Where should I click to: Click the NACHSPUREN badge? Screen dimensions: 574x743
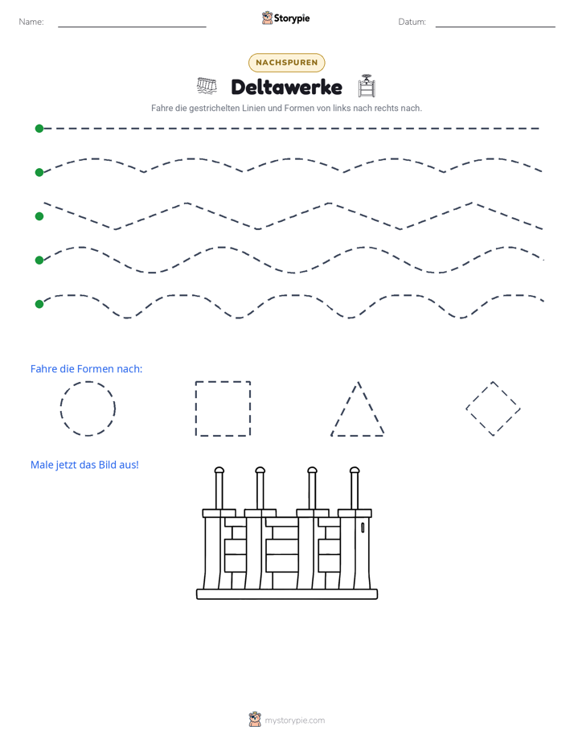(x=286, y=63)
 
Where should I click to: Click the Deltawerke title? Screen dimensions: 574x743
(x=286, y=87)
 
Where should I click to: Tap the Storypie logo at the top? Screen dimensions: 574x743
(x=285, y=18)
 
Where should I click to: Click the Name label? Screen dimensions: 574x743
(x=31, y=22)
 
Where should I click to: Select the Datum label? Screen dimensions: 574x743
(x=412, y=22)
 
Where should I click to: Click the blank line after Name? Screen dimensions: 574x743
(x=132, y=27)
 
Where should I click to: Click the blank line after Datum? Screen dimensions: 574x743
(x=495, y=27)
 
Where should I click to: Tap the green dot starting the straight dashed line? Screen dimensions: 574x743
(x=39, y=129)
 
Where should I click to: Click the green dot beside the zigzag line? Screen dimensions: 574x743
(x=39, y=216)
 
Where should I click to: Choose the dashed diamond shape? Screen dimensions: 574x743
(x=479, y=395)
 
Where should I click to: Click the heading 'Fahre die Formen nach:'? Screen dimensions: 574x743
(x=86, y=368)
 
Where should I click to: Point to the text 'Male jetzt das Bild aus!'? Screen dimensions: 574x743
(x=84, y=465)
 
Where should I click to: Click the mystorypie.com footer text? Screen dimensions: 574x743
(x=294, y=720)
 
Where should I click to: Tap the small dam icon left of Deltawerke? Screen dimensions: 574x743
(x=207, y=86)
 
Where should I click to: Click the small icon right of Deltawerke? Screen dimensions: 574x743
(x=367, y=86)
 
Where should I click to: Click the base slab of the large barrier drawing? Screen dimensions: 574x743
(x=287, y=594)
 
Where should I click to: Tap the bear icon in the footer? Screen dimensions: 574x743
(x=255, y=720)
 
